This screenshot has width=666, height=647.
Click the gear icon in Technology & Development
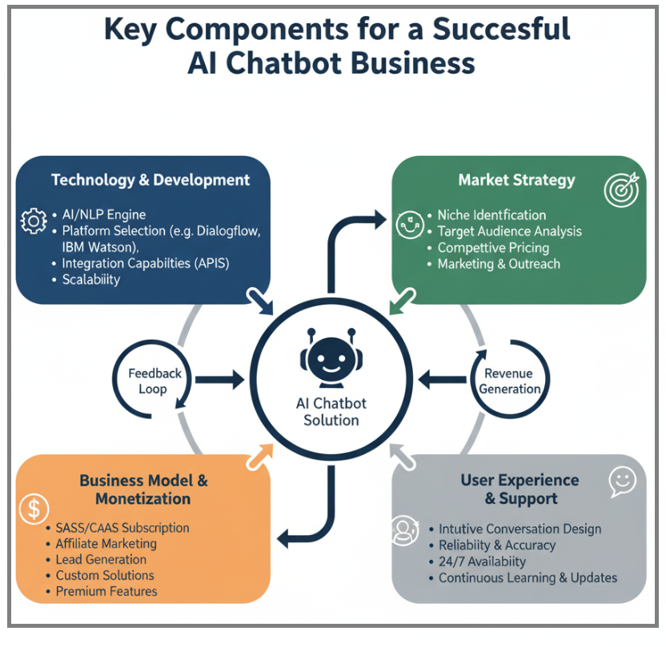point(34,222)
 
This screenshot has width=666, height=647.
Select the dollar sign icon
point(34,509)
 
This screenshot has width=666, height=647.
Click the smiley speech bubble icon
point(621,480)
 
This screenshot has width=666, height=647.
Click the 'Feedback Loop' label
point(154,381)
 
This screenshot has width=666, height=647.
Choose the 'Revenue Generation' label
point(509,381)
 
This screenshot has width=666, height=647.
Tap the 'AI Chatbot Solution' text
point(331,412)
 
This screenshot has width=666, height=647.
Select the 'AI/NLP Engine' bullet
point(103,215)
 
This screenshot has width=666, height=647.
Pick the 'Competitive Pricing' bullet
point(492,248)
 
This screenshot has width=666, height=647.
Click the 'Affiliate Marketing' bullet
point(106,544)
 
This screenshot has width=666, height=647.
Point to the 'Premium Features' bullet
point(106,592)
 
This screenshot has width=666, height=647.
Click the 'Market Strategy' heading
point(516,180)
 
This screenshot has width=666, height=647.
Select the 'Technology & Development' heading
point(150,180)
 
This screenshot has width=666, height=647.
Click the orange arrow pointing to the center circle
point(260,456)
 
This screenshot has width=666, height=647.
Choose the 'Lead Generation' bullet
point(101,560)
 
